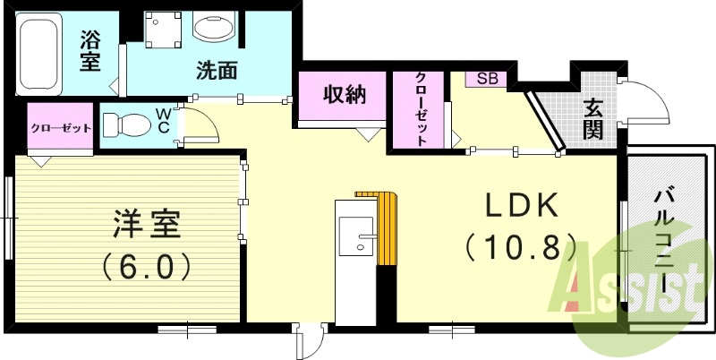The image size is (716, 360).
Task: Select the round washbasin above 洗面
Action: [x=215, y=27]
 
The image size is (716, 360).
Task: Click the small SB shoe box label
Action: [x=487, y=79]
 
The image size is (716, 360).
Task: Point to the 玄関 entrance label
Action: [x=592, y=119]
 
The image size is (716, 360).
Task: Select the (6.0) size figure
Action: [x=145, y=266]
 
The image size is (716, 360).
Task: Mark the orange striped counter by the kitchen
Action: [x=387, y=228]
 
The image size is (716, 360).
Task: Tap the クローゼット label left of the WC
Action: [x=61, y=128]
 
